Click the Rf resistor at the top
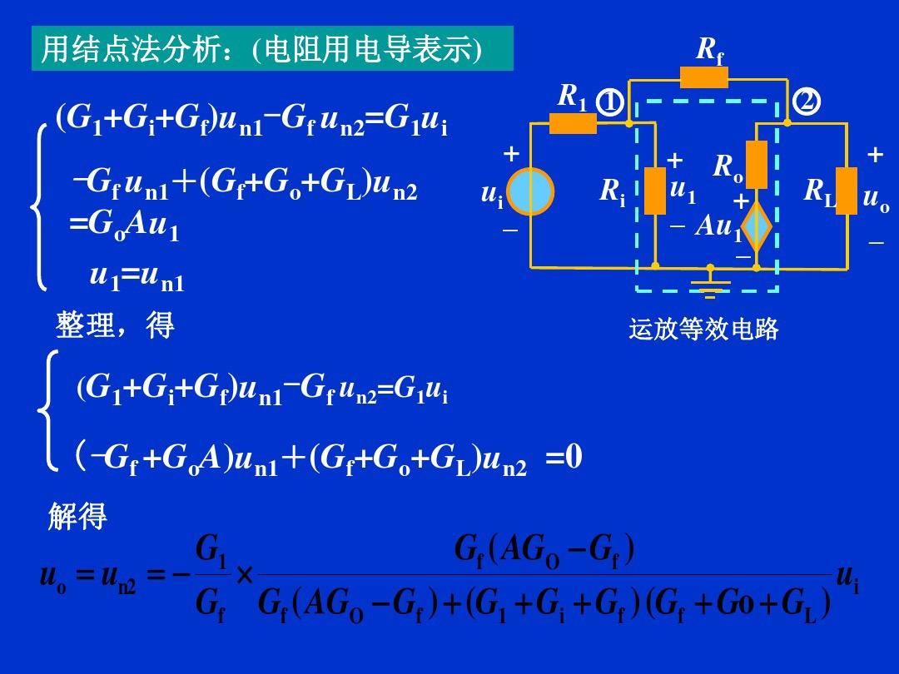[703, 78]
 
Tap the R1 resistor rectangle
[573, 123]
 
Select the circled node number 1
[612, 102]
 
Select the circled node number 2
[806, 102]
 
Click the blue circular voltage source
[530, 191]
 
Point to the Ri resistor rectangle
[655, 191]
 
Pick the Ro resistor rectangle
[756, 164]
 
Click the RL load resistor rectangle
[846, 191]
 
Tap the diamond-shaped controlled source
[757, 227]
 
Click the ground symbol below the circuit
[710, 287]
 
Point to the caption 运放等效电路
[703, 330]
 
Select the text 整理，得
[115, 325]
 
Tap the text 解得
[77, 518]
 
